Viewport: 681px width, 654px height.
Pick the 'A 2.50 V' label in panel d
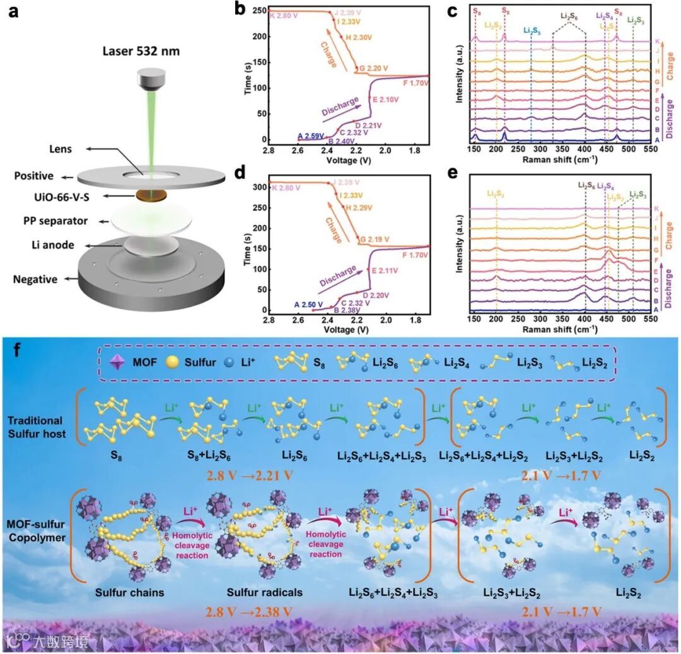click(309, 305)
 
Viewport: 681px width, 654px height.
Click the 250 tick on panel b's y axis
click(257, 11)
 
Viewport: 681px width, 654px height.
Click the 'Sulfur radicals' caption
click(264, 593)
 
